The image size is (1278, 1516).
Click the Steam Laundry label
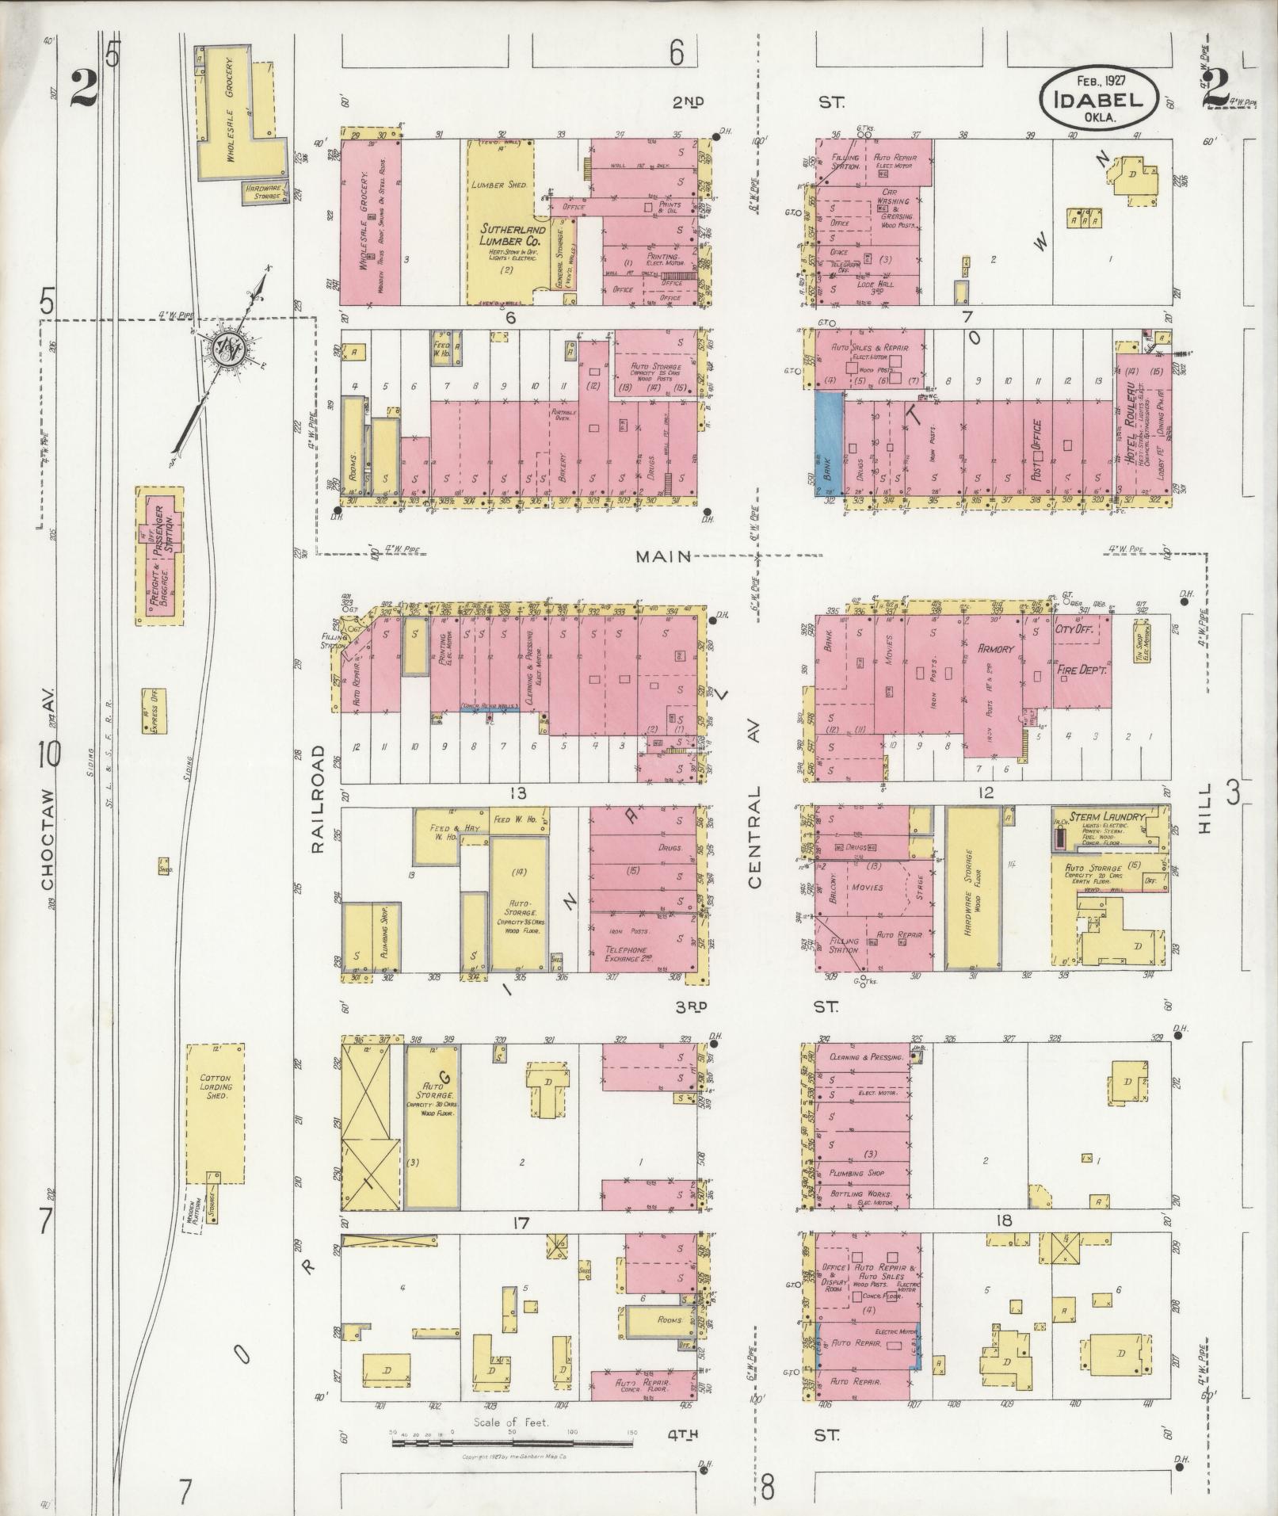1108,816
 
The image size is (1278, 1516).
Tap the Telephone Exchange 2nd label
628,953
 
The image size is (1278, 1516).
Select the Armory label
995,648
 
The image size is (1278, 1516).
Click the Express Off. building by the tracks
154,710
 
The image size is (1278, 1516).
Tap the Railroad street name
319,798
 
